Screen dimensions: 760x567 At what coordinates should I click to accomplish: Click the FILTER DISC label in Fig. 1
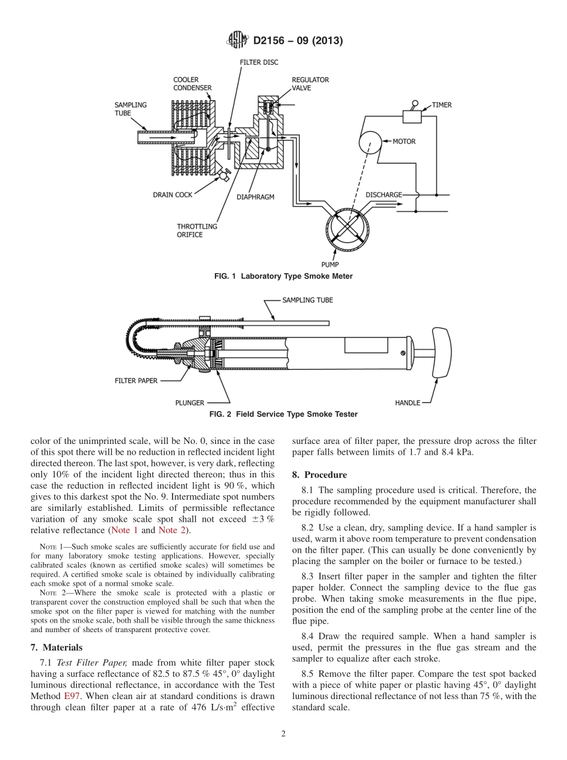point(258,62)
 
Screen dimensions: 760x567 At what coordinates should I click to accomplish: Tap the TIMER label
point(442,105)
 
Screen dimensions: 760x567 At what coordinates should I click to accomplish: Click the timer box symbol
point(412,117)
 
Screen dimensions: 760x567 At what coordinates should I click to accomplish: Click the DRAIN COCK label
point(172,195)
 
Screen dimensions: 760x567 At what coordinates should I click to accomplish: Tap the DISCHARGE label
point(383,195)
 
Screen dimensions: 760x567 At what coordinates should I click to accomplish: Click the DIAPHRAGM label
point(255,197)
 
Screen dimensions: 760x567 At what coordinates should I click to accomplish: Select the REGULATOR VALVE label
point(310,83)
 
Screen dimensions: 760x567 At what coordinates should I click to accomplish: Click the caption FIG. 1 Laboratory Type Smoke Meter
point(283,276)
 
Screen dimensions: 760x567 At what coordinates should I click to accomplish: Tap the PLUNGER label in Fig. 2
point(190,403)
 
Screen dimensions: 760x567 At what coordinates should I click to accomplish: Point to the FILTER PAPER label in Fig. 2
point(136,380)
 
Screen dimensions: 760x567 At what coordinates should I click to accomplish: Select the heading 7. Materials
point(56,647)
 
